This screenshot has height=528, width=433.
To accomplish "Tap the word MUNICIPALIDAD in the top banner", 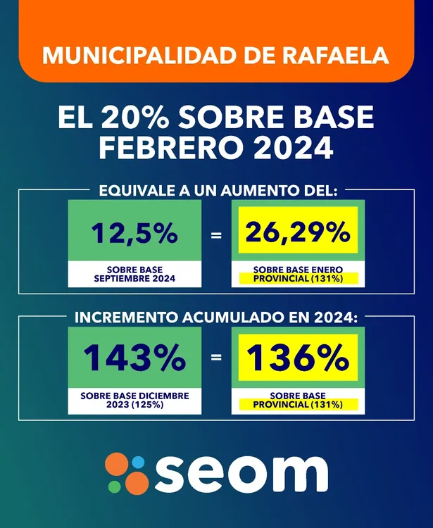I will (x=127, y=55).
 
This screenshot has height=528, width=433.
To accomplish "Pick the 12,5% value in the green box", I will (x=134, y=234).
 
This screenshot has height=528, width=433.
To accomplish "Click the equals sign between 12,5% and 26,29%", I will (x=216, y=234).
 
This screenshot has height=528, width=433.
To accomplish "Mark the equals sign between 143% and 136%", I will (x=216, y=358).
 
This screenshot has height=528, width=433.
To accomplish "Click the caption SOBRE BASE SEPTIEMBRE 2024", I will (x=134, y=274).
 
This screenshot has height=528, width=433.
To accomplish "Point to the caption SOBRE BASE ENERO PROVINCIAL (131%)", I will (x=297, y=275).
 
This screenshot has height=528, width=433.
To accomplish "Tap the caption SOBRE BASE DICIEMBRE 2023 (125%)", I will (x=134, y=400).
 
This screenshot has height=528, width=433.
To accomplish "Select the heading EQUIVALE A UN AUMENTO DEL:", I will (x=217, y=189).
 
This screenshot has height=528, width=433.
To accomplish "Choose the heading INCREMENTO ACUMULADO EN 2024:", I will (x=217, y=317).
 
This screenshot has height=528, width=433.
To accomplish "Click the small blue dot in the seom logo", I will (x=139, y=462).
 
